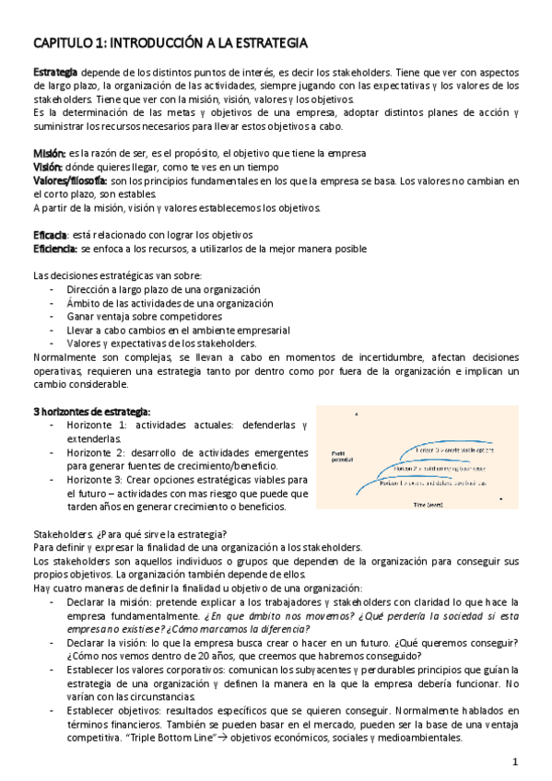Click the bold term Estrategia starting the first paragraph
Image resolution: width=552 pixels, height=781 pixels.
[55, 72]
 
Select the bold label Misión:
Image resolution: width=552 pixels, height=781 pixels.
[49, 152]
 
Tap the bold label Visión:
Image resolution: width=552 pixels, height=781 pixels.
[48, 166]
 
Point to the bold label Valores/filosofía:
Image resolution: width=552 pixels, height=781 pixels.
[70, 180]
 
